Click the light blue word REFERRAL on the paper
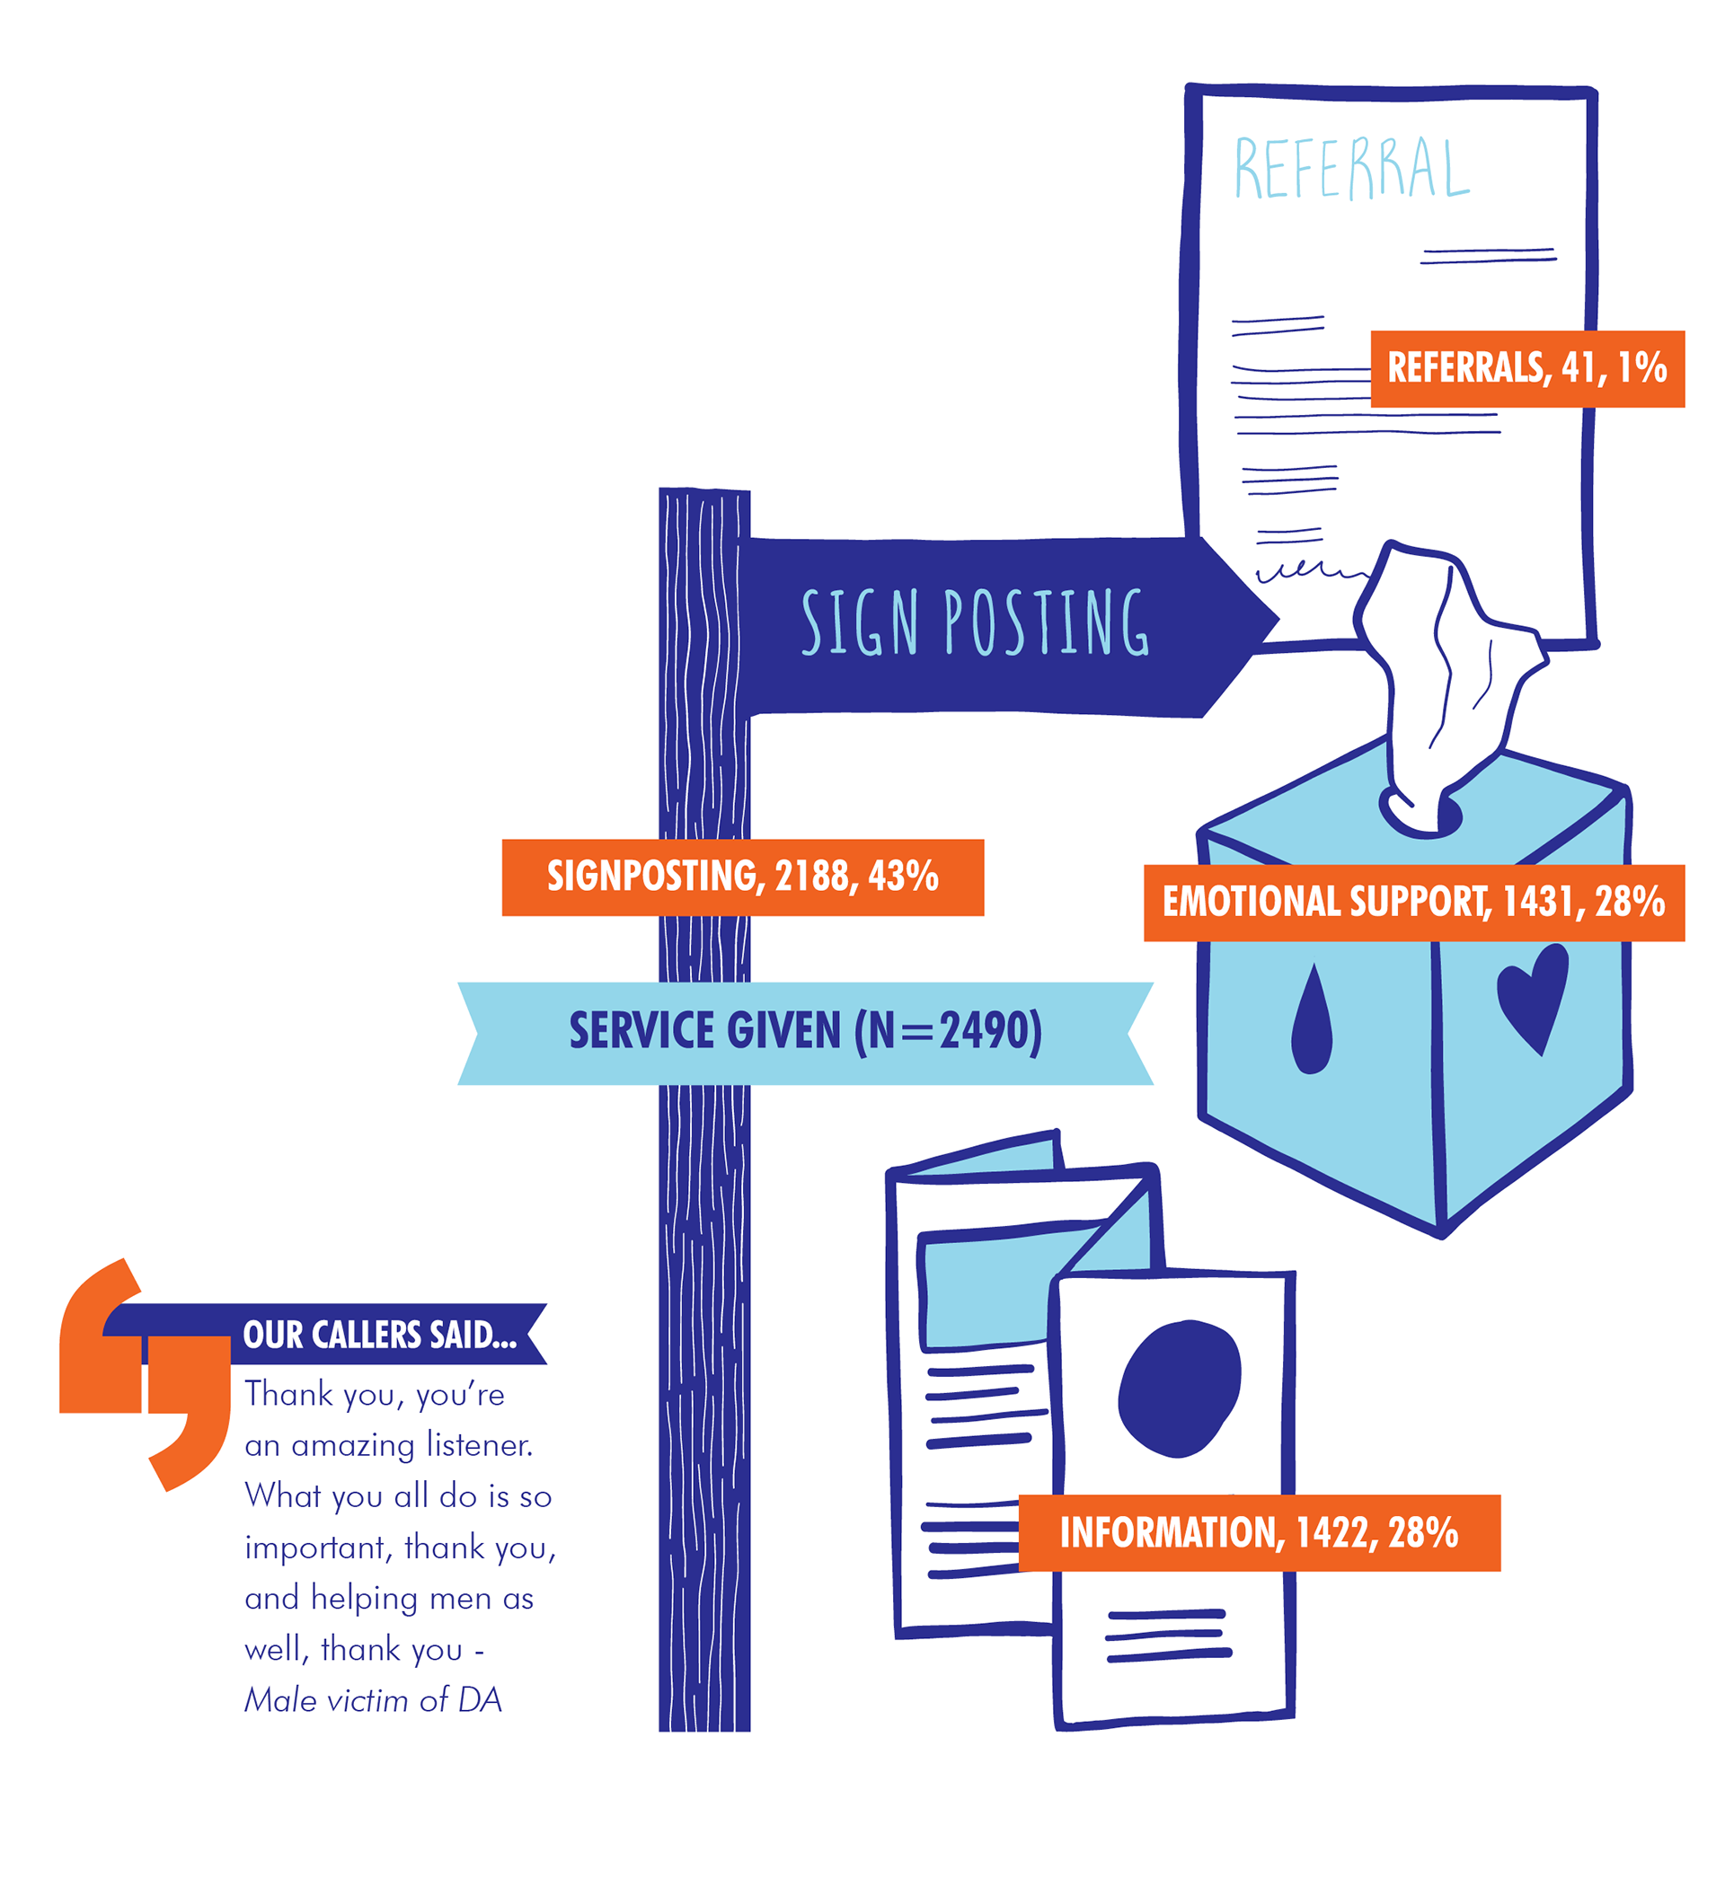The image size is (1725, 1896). tap(1350, 168)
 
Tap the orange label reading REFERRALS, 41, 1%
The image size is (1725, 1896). tap(1526, 368)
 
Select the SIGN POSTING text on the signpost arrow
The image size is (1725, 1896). tap(975, 622)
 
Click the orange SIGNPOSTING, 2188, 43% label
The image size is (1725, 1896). tap(742, 877)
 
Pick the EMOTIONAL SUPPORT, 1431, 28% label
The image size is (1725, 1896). tap(1412, 902)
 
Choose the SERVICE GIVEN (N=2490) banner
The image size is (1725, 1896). tap(805, 1032)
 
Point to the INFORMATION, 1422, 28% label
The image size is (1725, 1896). tap(1259, 1533)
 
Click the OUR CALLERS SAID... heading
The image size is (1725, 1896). tap(380, 1336)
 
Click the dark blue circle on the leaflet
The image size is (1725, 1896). tap(1180, 1389)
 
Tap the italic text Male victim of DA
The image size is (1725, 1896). tap(374, 1700)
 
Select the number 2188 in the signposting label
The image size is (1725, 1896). tap(811, 877)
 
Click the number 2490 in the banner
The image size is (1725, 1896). tap(983, 1032)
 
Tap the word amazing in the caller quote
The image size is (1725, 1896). tap(353, 1445)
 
